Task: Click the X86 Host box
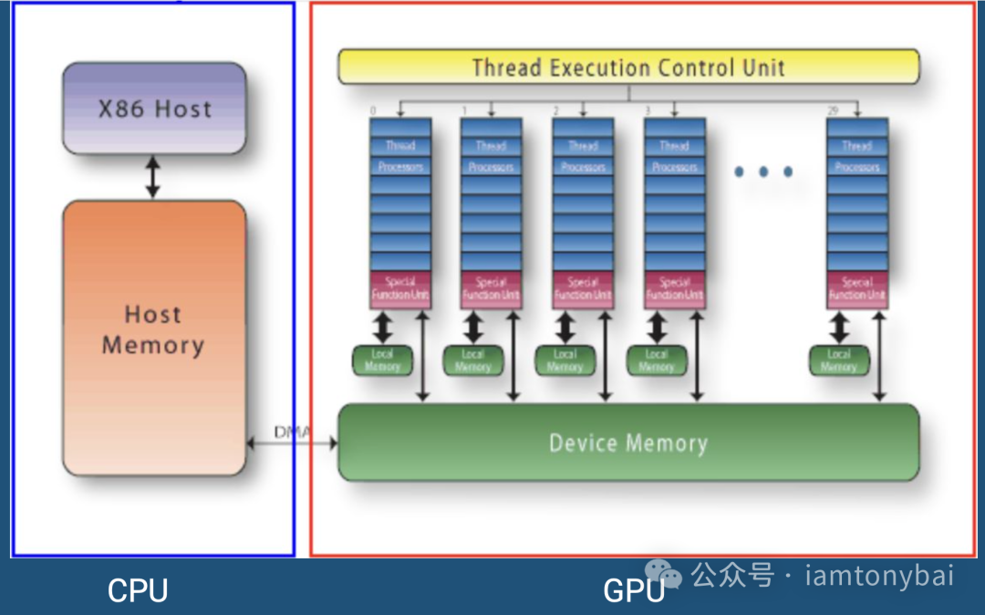pyautogui.click(x=154, y=108)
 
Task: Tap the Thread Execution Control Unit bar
pyautogui.click(x=628, y=68)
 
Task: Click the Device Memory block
pyautogui.click(x=628, y=443)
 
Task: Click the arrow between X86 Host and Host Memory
pyautogui.click(x=153, y=177)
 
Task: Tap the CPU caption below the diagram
pyautogui.click(x=138, y=590)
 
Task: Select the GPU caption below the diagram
pyautogui.click(x=633, y=590)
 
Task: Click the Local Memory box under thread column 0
pyautogui.click(x=382, y=360)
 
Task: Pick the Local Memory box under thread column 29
pyautogui.click(x=839, y=360)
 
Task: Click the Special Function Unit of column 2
pyautogui.click(x=583, y=289)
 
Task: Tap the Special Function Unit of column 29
pyautogui.click(x=857, y=289)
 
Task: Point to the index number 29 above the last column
pyautogui.click(x=832, y=110)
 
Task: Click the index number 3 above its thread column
pyautogui.click(x=648, y=110)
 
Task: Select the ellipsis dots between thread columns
pyautogui.click(x=763, y=172)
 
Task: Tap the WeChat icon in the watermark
pyautogui.click(x=670, y=575)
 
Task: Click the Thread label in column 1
pyautogui.click(x=491, y=146)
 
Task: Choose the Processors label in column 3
pyautogui.click(x=675, y=167)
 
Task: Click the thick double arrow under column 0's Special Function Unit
pyautogui.click(x=383, y=327)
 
